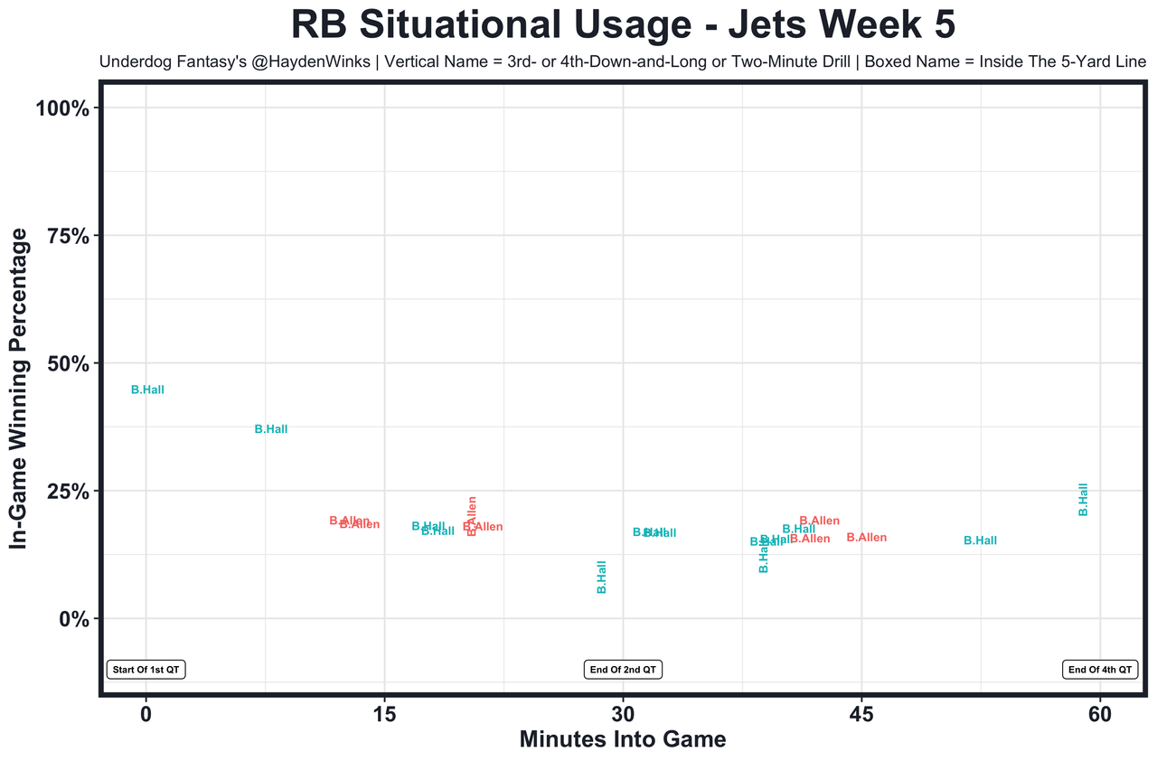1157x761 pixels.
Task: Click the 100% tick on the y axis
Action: pyautogui.click(x=62, y=108)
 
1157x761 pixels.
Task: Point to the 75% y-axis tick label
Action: pyautogui.click(x=67, y=236)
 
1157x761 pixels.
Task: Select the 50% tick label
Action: pyautogui.click(x=67, y=363)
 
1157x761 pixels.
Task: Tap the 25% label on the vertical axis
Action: pyautogui.click(x=67, y=491)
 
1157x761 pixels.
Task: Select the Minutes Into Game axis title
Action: pyautogui.click(x=623, y=739)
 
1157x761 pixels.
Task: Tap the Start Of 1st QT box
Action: pyautogui.click(x=146, y=670)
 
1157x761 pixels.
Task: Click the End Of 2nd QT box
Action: pyautogui.click(x=623, y=670)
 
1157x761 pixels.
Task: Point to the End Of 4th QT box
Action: pyautogui.click(x=1100, y=670)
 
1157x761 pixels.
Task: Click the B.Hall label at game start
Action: pyautogui.click(x=147, y=390)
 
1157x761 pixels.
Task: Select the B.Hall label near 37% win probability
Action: pyautogui.click(x=271, y=430)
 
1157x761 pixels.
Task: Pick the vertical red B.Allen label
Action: pyautogui.click(x=471, y=515)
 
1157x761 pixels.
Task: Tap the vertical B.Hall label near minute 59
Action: pyautogui.click(x=1084, y=500)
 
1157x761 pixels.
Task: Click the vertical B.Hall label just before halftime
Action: pyautogui.click(x=602, y=577)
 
